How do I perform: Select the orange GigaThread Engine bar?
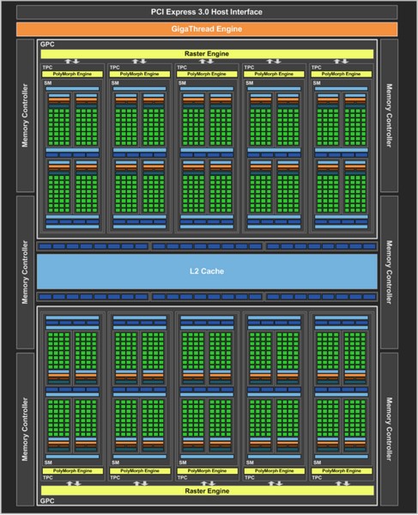click(x=209, y=29)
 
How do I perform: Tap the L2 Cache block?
click(x=209, y=272)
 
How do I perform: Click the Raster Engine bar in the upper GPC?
click(x=209, y=53)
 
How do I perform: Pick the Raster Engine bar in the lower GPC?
click(x=209, y=491)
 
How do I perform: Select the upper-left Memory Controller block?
click(x=25, y=116)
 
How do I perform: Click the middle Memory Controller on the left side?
click(x=25, y=272)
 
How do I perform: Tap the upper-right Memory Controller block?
click(x=393, y=116)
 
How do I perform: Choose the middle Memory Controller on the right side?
click(x=393, y=272)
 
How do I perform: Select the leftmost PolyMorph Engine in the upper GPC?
click(x=73, y=74)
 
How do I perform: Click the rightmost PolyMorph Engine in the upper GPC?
click(x=344, y=74)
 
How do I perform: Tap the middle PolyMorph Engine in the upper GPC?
click(x=209, y=74)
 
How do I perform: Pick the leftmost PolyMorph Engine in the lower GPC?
click(x=73, y=471)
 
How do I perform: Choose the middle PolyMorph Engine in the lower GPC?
click(x=209, y=471)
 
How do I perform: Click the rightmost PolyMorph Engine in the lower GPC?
click(x=344, y=471)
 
